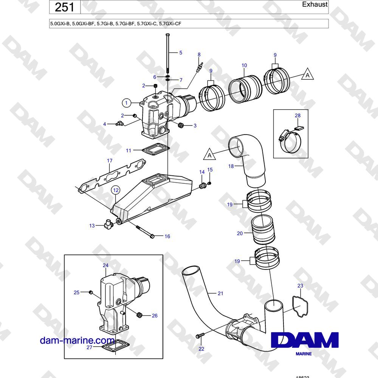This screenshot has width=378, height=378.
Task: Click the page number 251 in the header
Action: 64,7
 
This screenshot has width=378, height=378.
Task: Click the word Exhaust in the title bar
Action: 314,4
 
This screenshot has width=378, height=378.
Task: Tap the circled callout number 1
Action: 126,103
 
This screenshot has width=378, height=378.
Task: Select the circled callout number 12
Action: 116,190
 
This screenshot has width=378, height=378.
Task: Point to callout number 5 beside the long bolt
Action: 181,53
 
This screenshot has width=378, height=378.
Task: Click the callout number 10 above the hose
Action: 244,65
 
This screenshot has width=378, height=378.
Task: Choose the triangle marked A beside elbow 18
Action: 209,155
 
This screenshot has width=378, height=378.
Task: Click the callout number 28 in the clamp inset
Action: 298,115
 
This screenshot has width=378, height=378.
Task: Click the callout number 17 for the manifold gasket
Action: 110,161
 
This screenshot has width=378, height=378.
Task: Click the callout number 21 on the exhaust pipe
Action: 220,293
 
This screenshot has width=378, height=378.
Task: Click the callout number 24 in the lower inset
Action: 105,265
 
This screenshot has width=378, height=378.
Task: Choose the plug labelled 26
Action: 139,315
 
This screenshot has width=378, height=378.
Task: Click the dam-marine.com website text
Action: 77,341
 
